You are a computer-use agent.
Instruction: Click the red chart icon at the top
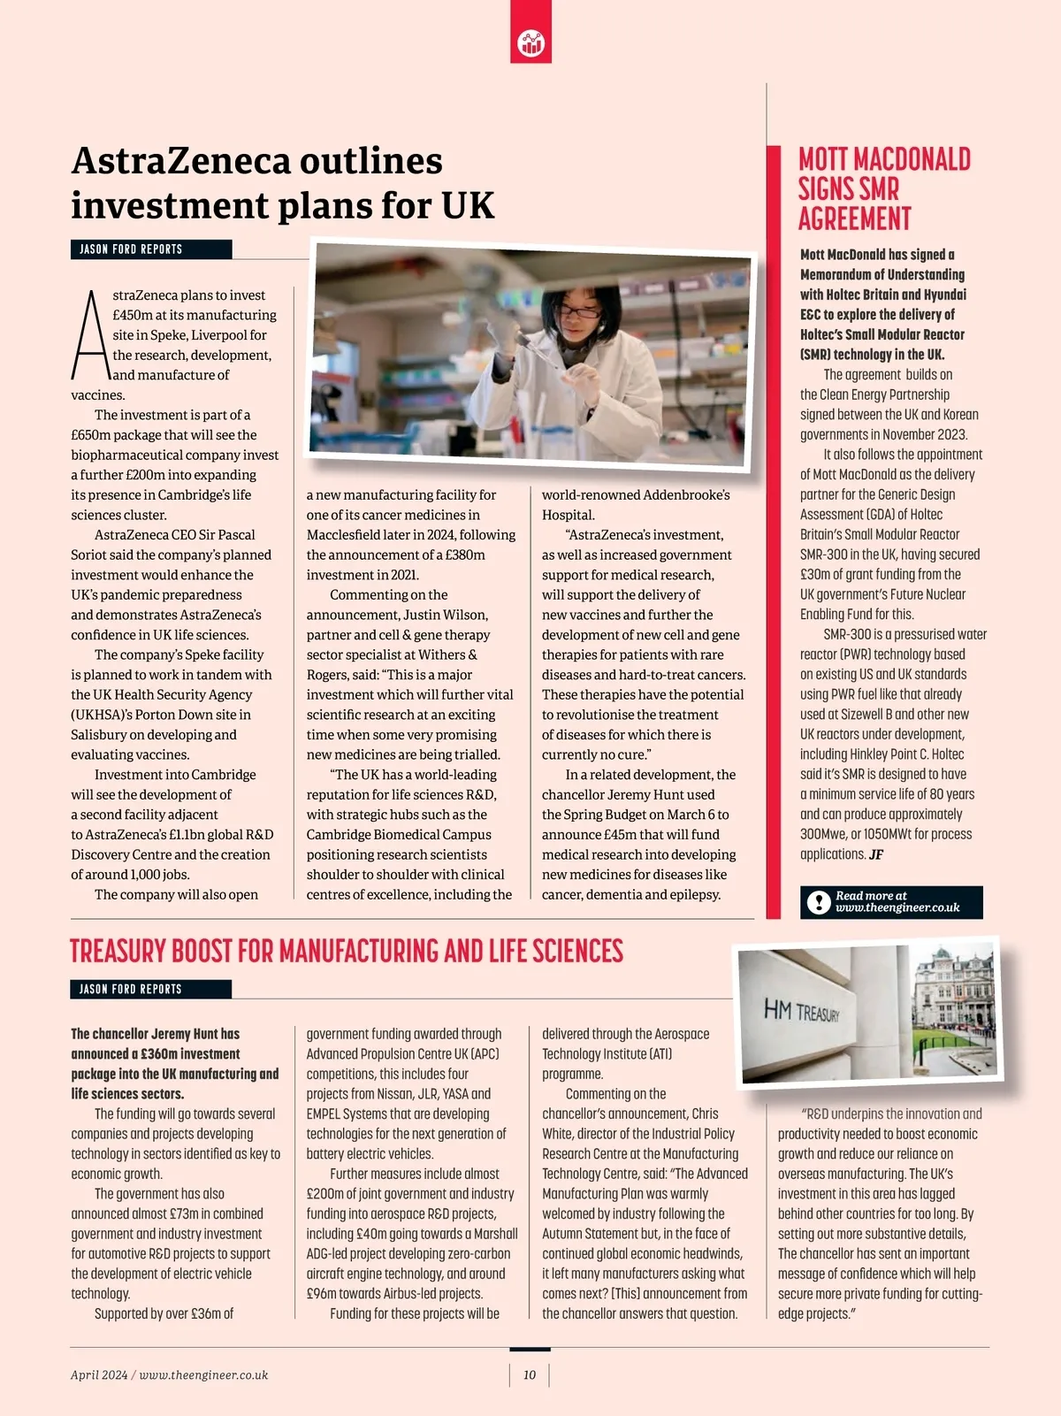[530, 42]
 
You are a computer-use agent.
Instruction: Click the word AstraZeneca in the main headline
[180, 162]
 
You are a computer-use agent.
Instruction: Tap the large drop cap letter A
[90, 335]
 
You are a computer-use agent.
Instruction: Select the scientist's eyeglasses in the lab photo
[579, 311]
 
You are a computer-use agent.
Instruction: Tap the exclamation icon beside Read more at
[819, 902]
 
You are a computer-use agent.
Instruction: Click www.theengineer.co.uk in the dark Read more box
[897, 908]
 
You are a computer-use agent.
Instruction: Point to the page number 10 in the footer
[530, 1375]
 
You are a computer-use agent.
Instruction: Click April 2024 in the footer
[99, 1375]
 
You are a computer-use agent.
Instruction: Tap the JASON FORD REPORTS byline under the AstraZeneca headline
[131, 249]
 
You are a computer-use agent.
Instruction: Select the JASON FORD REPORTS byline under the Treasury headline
[131, 990]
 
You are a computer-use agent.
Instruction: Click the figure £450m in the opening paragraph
[131, 316]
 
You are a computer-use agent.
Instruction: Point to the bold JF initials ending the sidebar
[876, 855]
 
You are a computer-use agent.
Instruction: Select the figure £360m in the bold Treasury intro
[160, 1054]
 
